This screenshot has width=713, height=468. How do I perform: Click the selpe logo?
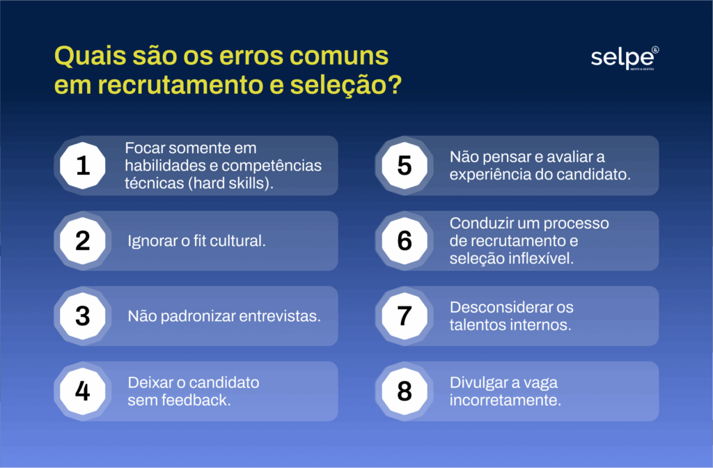(x=625, y=58)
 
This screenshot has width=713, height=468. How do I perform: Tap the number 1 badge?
(x=83, y=166)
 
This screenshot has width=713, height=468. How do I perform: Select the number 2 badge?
(x=83, y=240)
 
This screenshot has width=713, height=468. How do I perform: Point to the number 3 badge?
(x=83, y=316)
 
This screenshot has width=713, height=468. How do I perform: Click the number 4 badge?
(x=83, y=391)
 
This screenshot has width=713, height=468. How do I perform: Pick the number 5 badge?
(x=405, y=166)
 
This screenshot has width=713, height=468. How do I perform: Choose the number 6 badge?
(x=405, y=240)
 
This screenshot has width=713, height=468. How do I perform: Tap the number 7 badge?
(x=405, y=316)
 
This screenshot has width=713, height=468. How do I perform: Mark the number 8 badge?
(x=405, y=391)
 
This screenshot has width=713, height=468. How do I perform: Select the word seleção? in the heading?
(x=346, y=85)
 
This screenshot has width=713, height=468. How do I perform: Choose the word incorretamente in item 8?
(x=506, y=400)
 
